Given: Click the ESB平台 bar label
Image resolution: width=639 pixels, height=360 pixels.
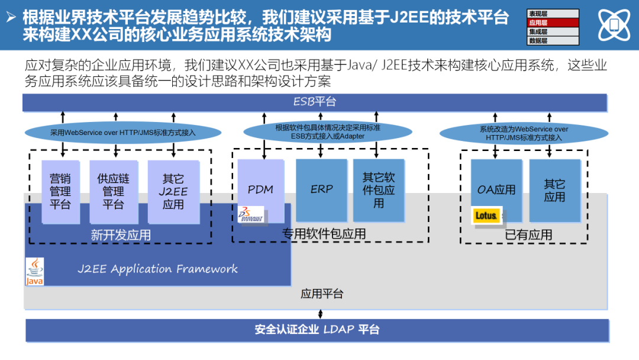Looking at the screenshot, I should coord(315,102).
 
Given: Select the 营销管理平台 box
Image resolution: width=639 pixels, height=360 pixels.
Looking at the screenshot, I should coord(60,191).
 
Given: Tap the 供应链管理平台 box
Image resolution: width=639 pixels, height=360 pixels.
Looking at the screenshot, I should coord(113,191).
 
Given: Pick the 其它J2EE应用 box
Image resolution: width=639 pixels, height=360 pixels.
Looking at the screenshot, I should coord(173,191).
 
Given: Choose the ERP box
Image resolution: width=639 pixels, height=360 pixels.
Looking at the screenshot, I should coord(321,189).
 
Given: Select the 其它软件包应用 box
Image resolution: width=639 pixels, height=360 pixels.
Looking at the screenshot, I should coord(379,189).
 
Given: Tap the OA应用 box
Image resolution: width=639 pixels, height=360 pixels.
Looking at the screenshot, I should coord(496,189).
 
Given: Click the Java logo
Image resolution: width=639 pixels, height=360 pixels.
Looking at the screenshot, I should coord(35,272).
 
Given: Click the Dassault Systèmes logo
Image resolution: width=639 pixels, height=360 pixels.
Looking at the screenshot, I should coord(251,214).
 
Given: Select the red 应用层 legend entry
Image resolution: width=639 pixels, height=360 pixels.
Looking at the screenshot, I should coord(552,22).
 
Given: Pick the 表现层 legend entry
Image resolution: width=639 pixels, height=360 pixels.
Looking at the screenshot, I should coord(552,13).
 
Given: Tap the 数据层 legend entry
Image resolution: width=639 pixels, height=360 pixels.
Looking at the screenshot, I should coord(552,41).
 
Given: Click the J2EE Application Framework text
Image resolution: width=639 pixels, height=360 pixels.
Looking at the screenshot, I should coord(157,269).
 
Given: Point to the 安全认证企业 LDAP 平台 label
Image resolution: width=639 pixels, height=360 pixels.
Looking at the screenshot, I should coord(317,330).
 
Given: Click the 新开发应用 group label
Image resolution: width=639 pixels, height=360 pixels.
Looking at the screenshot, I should coord(121,235).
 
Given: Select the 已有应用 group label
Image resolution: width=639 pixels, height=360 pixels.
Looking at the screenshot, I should coord(528,235).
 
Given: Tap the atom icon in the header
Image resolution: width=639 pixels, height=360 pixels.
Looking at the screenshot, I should coord(614,25).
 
